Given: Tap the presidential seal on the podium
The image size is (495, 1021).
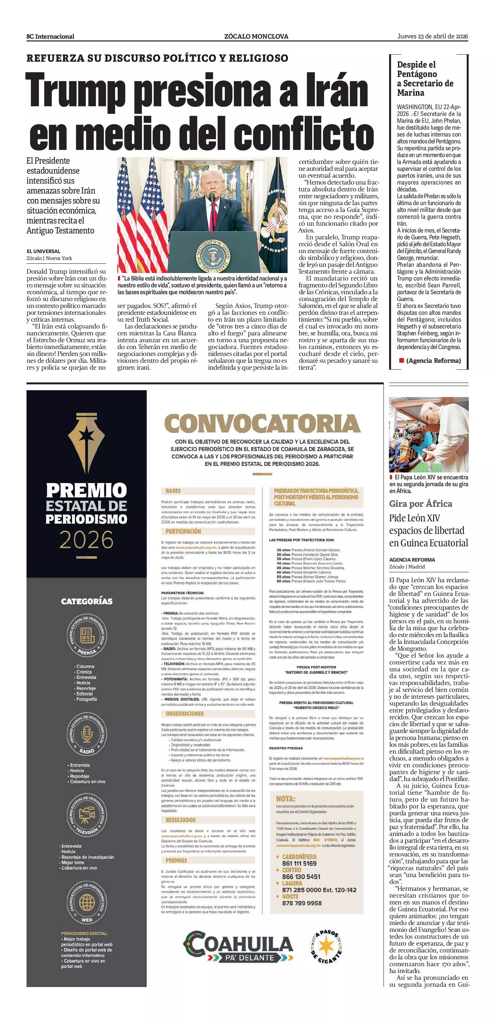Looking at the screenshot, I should click(x=213, y=255).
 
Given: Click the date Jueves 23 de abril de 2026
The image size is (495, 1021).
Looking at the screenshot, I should click(x=432, y=36).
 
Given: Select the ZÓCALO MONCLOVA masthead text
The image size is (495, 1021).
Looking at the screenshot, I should click(x=256, y=36).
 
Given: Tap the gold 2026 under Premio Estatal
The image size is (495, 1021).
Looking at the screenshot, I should click(x=86, y=540).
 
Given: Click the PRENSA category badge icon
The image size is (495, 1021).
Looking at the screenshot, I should click(x=87, y=635).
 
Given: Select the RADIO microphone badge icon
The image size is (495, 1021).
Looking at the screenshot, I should click(x=87, y=735).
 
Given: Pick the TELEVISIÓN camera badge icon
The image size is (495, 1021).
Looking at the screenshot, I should click(x=87, y=816).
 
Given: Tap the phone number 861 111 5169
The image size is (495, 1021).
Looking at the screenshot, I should click(x=299, y=863).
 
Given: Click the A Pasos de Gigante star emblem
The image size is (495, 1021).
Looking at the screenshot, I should click(x=326, y=947).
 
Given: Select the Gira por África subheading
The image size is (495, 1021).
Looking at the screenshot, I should click(x=420, y=504).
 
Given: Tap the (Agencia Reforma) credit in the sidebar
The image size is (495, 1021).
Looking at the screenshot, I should click(x=433, y=361).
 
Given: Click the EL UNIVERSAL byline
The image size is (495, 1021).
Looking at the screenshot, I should click(x=44, y=251).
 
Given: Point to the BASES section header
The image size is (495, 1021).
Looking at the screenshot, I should click(x=173, y=491).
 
